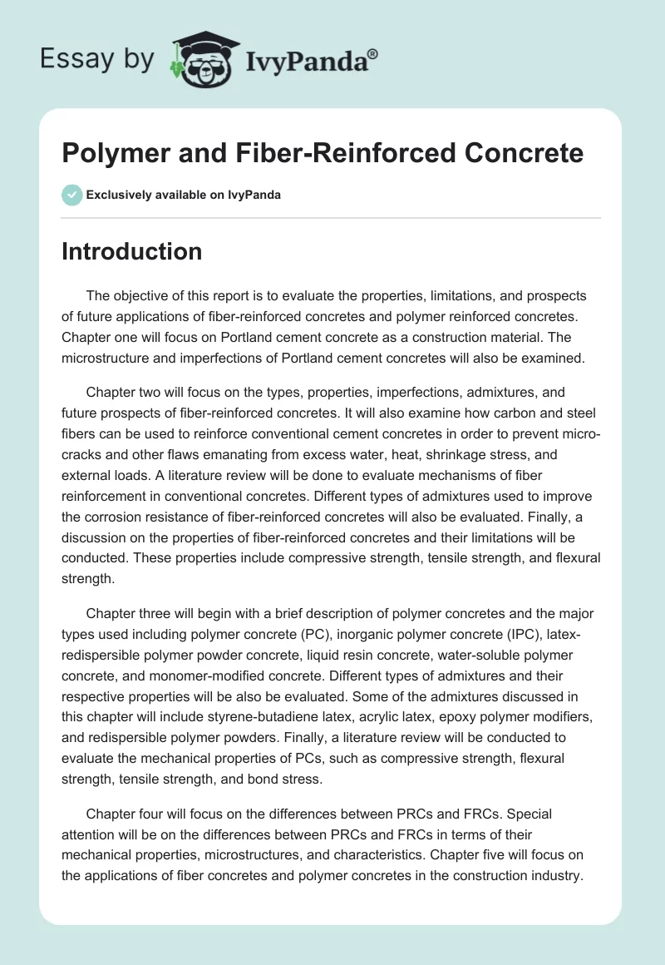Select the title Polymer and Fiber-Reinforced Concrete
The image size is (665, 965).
click(x=323, y=153)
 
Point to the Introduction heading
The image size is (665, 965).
click(x=132, y=251)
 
